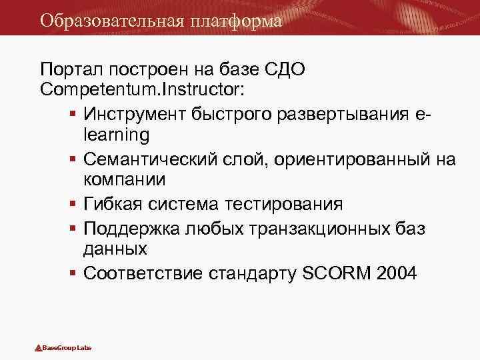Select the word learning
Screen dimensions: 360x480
click(x=117, y=134)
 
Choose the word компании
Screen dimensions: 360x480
click(x=125, y=180)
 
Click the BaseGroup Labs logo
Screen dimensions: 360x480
click(x=63, y=348)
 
